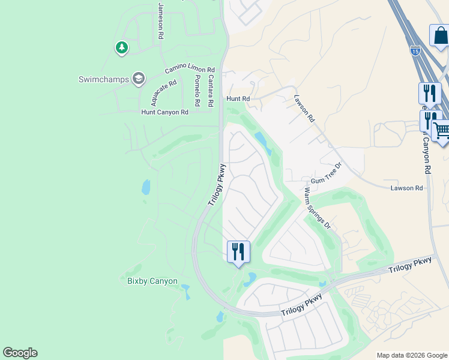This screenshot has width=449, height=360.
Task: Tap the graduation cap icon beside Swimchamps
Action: (x=139, y=79)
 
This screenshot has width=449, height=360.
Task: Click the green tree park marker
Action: (x=122, y=47)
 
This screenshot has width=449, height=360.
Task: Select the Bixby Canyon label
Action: (x=152, y=281)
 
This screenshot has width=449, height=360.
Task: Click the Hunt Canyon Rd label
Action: (x=164, y=112)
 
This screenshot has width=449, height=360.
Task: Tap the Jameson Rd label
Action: (x=161, y=21)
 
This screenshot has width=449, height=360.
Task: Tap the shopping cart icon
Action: (x=442, y=131)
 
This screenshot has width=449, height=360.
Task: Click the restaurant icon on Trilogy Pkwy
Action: (x=238, y=251)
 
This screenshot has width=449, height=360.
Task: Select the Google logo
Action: (x=20, y=353)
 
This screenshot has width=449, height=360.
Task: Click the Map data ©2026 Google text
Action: (x=412, y=355)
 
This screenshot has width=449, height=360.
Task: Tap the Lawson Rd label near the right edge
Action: (x=406, y=188)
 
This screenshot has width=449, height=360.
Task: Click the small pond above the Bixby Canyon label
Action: (x=146, y=188)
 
